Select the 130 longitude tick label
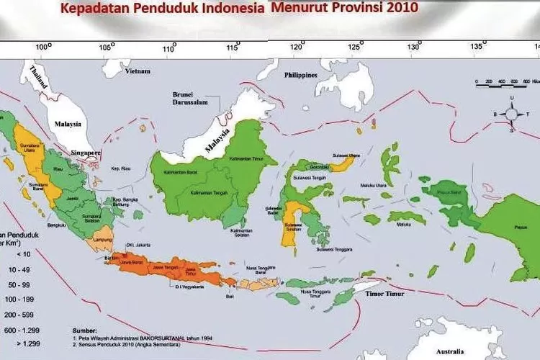[x=414, y=47]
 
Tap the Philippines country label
[x=301, y=75]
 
